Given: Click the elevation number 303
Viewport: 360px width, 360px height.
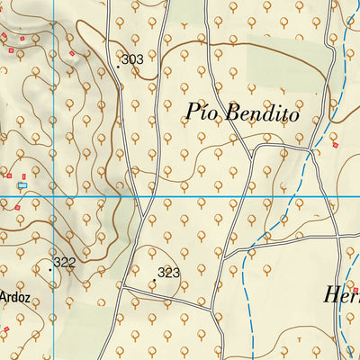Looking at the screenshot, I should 132,59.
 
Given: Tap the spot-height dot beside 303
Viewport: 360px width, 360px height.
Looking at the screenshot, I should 118,66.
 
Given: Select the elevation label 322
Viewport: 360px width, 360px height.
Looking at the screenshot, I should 64,263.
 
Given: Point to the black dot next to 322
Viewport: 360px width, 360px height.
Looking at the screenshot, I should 49,268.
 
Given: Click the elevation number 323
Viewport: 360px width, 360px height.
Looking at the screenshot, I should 169,273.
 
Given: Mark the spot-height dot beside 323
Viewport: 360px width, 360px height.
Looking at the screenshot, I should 154,280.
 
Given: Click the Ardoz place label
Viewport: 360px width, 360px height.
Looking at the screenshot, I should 15,296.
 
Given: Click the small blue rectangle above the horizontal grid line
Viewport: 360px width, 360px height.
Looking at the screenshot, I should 23,185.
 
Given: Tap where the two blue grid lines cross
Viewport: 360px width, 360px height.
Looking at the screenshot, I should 53,195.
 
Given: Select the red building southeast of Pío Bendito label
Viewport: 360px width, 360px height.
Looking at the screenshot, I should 335,144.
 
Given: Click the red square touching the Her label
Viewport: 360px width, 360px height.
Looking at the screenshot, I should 355,290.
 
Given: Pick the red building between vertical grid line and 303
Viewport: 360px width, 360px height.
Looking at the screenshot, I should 72,53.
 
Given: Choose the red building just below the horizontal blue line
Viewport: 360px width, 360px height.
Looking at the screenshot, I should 16,204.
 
